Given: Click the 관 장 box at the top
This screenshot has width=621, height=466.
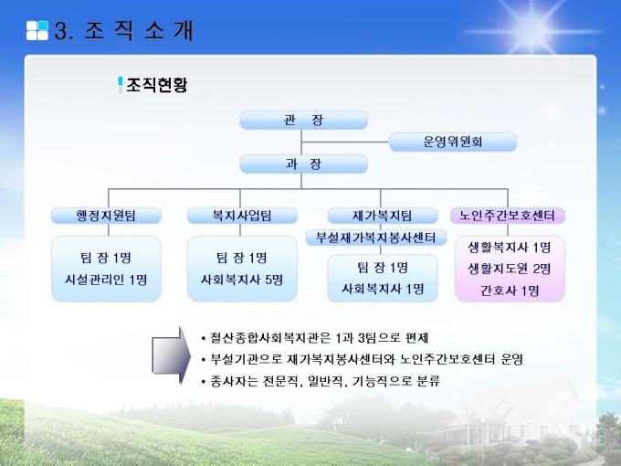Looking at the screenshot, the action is point(303,120).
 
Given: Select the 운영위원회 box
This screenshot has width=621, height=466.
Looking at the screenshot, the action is point(453,142).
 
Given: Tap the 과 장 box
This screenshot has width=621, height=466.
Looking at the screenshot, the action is point(303,164).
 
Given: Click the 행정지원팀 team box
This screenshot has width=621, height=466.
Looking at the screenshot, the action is point(106,216).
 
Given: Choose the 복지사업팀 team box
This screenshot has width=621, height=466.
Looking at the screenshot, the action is point(242,216).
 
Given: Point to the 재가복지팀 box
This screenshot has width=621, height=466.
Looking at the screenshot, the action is point(383,216).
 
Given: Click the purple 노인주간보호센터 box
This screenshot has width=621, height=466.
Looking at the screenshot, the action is point(508,216).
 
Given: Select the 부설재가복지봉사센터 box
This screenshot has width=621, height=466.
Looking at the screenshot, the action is point(376,238).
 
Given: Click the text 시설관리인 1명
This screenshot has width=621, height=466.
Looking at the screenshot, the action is point(106,281).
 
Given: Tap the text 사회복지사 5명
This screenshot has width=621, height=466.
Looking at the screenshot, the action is point(242,281).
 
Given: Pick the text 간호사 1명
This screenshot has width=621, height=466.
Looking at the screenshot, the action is point(510,291).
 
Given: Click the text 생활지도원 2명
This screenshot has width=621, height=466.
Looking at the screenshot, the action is point(510,269).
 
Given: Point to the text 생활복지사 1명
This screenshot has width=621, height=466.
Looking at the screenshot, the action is point(510,248).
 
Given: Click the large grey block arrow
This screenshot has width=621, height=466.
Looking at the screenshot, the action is point(171,355).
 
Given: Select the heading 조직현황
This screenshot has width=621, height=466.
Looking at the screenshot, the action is point(156,85).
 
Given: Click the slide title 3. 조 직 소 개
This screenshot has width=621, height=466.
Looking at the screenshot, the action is point(123,31).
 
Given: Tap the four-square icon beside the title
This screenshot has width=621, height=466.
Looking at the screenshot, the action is point(37,30).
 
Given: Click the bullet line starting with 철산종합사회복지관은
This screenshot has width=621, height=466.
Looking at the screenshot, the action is point(315,338).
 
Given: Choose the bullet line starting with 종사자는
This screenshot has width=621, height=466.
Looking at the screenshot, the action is point(321,381).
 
